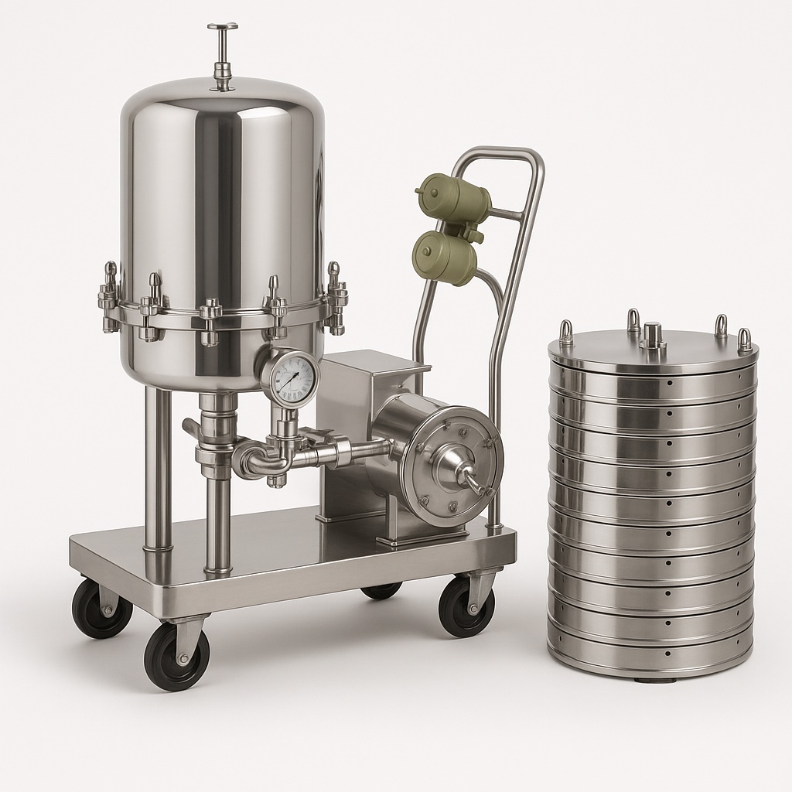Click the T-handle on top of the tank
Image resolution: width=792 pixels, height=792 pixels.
223,28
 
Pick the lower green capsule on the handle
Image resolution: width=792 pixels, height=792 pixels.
444,256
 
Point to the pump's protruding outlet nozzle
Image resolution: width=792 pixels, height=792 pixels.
473,483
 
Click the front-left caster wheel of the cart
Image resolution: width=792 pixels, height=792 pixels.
176,655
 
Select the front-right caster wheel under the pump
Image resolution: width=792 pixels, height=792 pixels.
466,606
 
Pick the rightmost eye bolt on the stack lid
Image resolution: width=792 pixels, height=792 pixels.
744,340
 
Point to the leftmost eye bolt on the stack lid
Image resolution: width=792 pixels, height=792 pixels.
566,333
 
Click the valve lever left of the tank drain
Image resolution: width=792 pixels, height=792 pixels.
192,427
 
